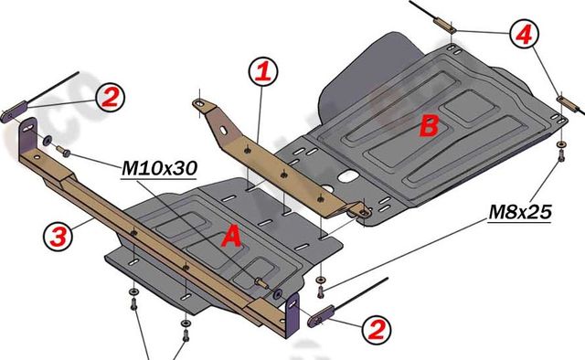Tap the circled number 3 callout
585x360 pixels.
[57, 237]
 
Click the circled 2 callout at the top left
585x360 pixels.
[108, 96]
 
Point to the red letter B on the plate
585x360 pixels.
[427, 127]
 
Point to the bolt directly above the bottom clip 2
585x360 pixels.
[319, 291]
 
